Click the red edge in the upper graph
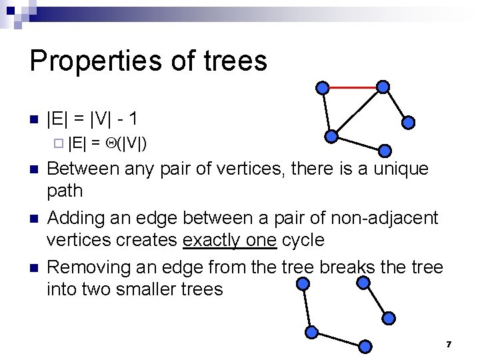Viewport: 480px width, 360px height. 352,87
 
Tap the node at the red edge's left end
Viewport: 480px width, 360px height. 322,87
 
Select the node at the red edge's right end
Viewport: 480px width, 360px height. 383,87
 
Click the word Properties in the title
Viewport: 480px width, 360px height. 89,61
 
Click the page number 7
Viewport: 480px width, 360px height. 449,344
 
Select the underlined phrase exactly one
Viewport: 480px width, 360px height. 229,240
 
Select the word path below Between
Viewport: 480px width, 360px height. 65,191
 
